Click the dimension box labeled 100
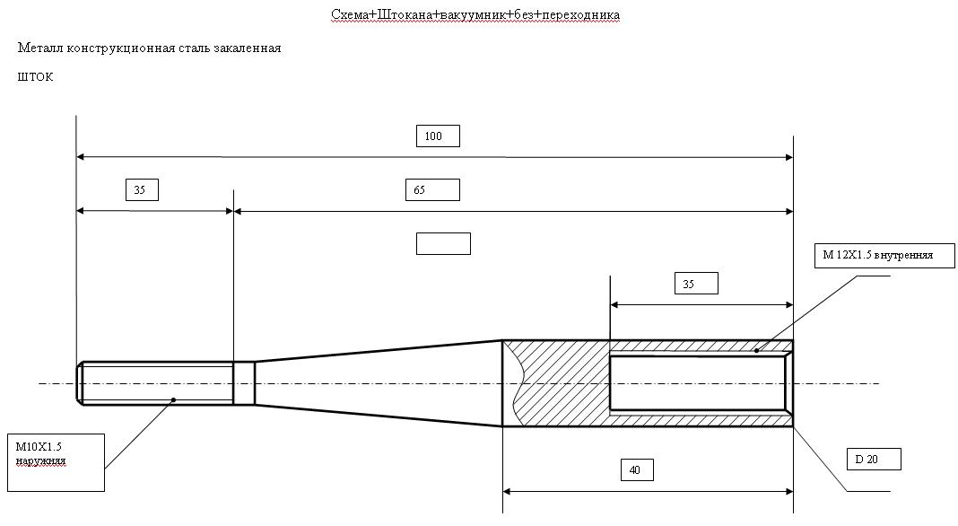pos(438,136)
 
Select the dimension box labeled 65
pos(432,189)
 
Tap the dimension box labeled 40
pos(637,469)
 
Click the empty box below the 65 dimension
pos(443,243)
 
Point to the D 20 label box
pos(875,459)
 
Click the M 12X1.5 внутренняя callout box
pos(884,256)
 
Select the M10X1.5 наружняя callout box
pos(57,462)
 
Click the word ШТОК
pos(36,77)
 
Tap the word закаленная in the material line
pos(248,48)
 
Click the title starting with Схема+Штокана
pos(475,14)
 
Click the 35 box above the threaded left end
pos(142,189)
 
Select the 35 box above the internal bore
pos(696,284)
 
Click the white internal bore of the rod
pos(698,383)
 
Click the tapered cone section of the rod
pos(379,383)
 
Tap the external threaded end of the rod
pos(155,383)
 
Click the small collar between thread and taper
pos(244,383)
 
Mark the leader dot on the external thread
pos(173,399)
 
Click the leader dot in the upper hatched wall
pos(756,350)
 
